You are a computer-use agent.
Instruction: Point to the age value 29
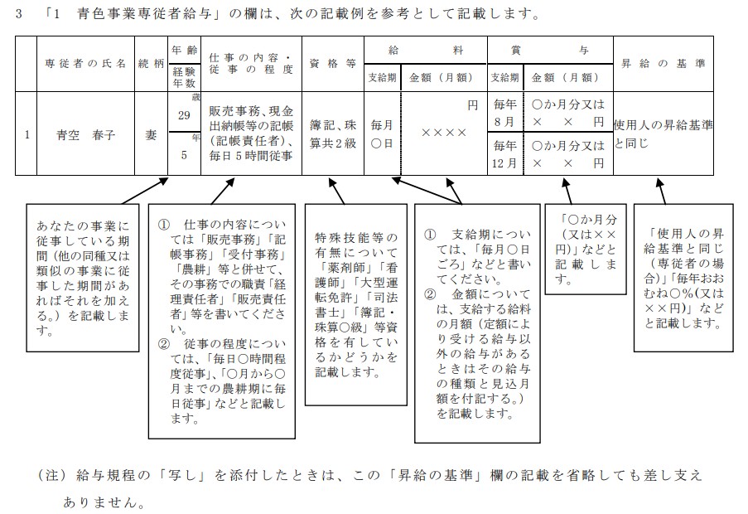click(x=183, y=115)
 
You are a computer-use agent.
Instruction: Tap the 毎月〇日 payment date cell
click(x=382, y=133)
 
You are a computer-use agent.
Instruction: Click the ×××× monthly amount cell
click(x=443, y=133)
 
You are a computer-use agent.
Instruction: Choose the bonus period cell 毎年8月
click(x=504, y=113)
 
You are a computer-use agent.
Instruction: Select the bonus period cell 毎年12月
click(x=504, y=154)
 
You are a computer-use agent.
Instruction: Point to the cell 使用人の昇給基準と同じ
click(x=664, y=133)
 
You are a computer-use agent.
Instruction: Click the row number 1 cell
click(x=27, y=133)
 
